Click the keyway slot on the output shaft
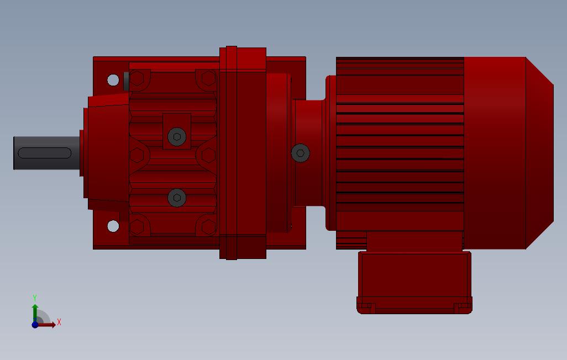coord(44,153)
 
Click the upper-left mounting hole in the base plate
coord(113,80)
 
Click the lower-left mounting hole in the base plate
coord(113,226)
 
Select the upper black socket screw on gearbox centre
coord(177,137)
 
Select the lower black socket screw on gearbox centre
coord(177,197)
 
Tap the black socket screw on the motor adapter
coord(300,153)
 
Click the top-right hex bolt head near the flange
coord(208,79)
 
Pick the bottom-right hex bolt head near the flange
coord(208,226)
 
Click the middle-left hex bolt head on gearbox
coord(136,155)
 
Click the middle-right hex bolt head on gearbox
coord(208,155)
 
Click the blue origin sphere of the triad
coord(35,325)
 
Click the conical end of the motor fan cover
coord(539,153)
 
